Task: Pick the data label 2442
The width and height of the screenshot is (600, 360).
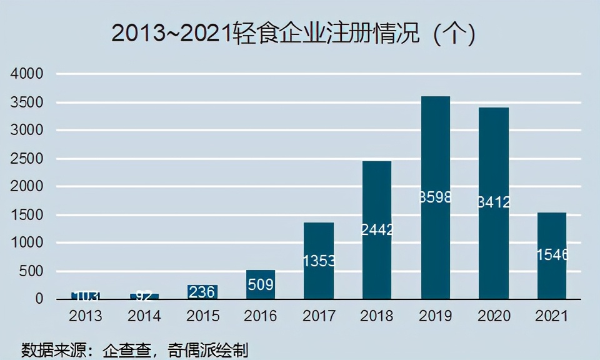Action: click(x=377, y=230)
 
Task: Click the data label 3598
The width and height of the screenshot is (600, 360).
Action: click(x=436, y=197)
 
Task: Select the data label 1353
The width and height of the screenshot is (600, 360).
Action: click(x=319, y=261)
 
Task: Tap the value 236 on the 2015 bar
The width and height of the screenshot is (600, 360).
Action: click(x=202, y=292)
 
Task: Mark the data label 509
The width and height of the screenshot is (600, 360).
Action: click(x=261, y=285)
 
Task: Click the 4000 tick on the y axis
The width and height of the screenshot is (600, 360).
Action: click(x=27, y=74)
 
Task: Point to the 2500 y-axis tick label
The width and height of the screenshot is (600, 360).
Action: click(x=27, y=159)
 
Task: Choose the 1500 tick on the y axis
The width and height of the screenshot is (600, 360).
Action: click(x=27, y=215)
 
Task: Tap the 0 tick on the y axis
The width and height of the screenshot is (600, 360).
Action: click(x=39, y=299)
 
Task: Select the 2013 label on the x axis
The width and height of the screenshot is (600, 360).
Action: click(x=86, y=316)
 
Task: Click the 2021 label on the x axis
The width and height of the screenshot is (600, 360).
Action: click(x=552, y=316)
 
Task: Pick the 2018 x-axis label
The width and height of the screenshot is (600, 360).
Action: click(x=377, y=316)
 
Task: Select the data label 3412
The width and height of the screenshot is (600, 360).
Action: click(x=494, y=202)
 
